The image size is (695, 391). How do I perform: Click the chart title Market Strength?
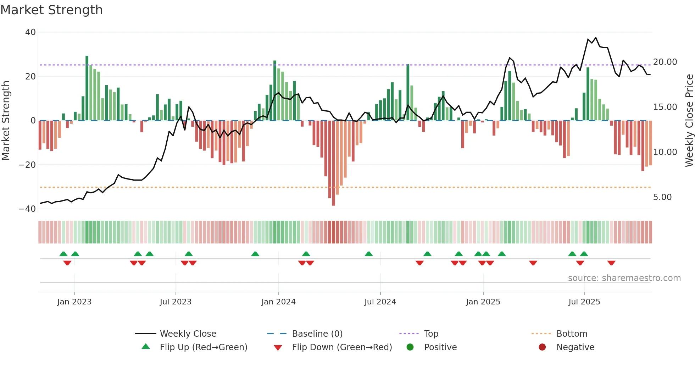(51, 10)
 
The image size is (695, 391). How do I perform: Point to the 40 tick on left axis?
(30, 32)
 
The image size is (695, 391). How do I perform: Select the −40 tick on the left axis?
(27, 209)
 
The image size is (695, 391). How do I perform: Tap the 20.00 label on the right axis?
(665, 62)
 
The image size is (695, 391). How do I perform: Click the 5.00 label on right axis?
(662, 197)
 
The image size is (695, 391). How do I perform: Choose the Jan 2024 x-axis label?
(278, 302)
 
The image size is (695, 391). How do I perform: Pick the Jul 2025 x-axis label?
(584, 302)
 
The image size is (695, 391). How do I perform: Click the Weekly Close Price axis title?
(689, 121)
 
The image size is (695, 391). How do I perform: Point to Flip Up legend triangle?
(146, 347)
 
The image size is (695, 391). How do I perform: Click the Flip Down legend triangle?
(278, 348)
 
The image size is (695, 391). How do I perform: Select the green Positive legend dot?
(410, 347)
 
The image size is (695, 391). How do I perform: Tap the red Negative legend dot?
(542, 347)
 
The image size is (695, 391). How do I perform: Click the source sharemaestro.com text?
(624, 278)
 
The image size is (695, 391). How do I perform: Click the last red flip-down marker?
(611, 263)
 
